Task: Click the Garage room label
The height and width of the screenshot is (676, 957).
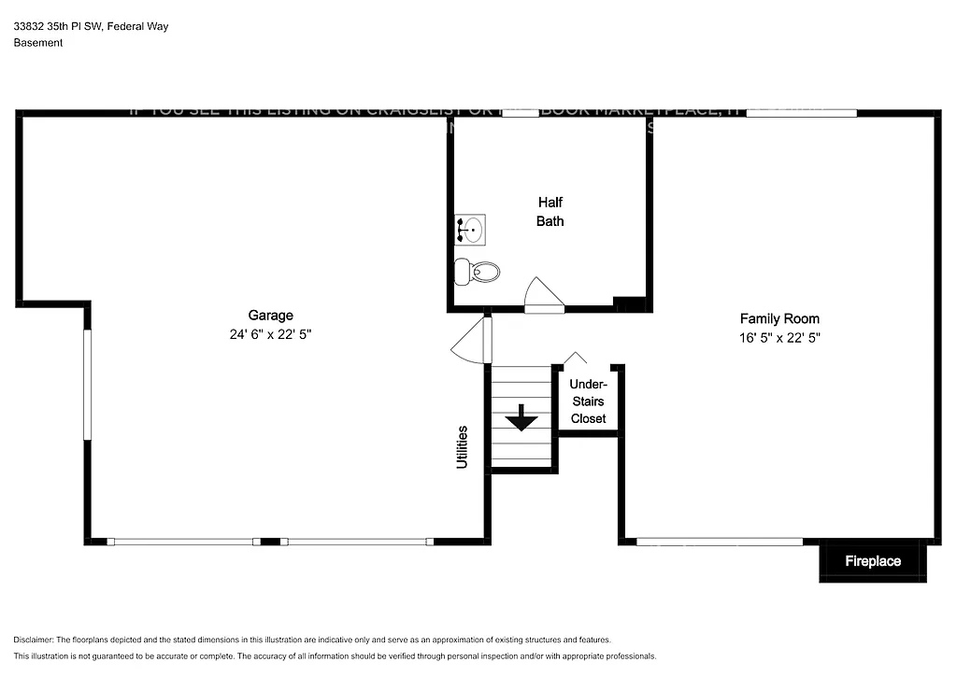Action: click(270, 316)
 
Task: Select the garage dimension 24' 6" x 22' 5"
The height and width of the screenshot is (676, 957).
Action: click(270, 334)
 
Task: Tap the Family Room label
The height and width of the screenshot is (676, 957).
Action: click(779, 318)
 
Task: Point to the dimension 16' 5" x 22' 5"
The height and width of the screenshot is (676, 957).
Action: click(779, 338)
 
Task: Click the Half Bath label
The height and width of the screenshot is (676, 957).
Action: click(550, 212)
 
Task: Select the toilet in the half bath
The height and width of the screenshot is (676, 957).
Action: click(478, 272)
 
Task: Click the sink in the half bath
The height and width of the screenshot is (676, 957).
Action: click(470, 228)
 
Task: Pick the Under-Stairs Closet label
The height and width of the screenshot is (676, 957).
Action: click(588, 401)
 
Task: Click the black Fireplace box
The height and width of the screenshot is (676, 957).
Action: click(873, 561)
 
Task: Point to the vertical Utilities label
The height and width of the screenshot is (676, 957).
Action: click(462, 446)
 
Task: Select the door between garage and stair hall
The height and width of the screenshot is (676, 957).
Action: click(473, 342)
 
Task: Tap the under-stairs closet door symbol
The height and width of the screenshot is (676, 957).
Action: click(576, 359)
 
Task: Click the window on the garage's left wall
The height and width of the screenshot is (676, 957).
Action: click(87, 383)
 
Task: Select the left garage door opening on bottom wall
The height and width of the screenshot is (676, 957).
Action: click(183, 542)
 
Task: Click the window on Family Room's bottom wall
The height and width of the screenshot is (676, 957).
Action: click(719, 542)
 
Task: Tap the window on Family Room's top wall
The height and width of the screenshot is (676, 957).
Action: click(801, 113)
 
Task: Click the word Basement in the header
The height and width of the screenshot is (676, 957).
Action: click(38, 42)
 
